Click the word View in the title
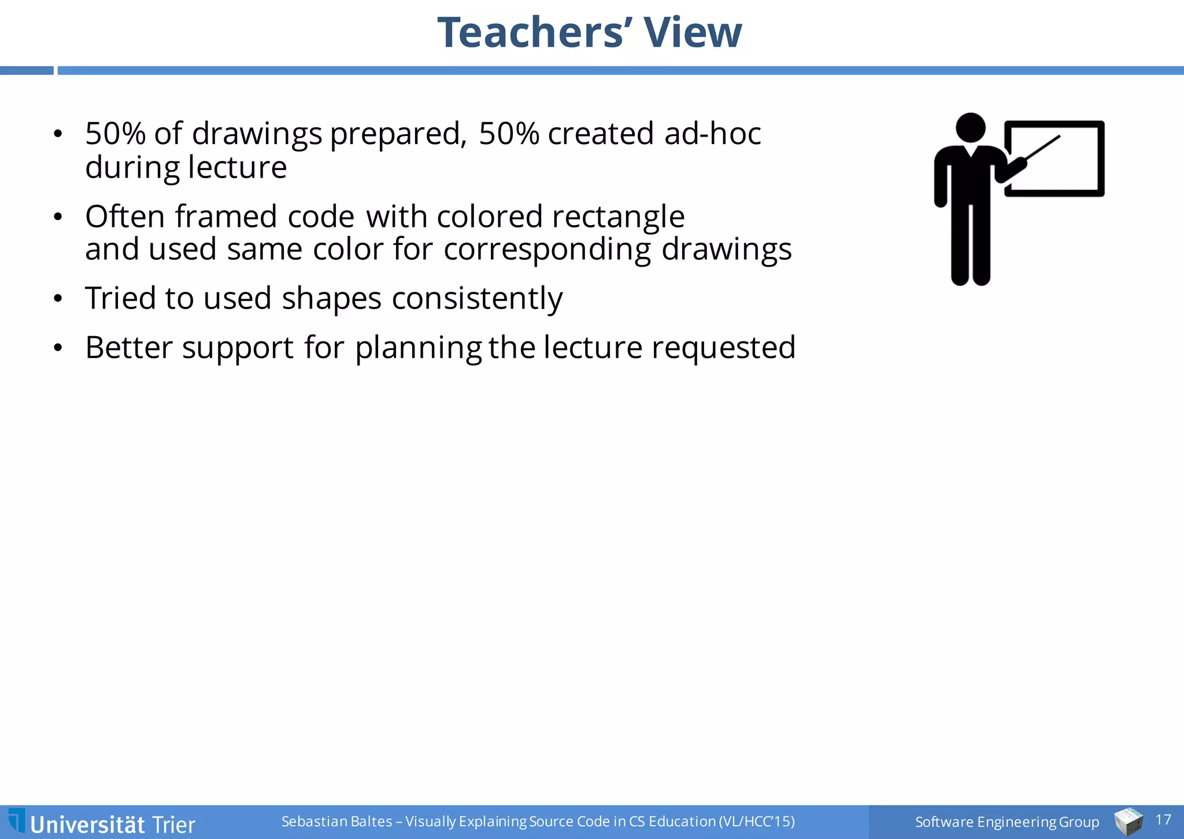pos(693,32)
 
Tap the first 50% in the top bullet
pos(115,134)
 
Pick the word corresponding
pos(547,250)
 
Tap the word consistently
pos(477,299)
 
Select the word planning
pos(418,348)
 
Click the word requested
pos(723,348)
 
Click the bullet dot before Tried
pos(57,299)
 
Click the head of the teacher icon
pos(971,127)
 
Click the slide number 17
pos(1163,820)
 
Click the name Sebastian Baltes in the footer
pos(336,821)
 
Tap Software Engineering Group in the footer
pos(1007,822)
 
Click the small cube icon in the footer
pos(1128,822)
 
